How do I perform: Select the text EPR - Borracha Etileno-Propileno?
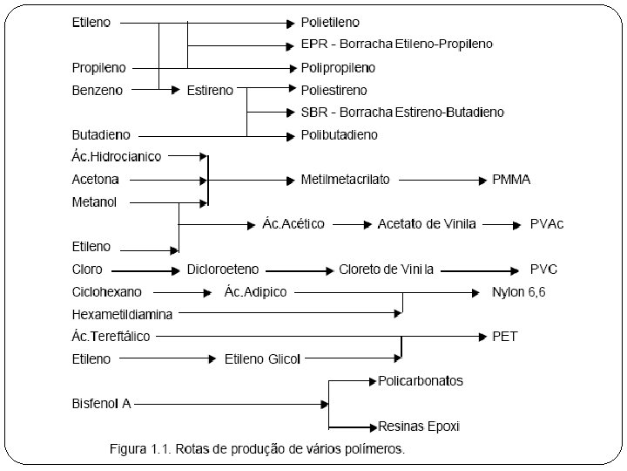[x=396, y=44]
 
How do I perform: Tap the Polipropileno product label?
[x=338, y=67]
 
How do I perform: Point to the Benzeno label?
[x=98, y=89]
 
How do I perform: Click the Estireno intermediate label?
[x=210, y=89]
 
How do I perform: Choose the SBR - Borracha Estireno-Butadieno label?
[x=402, y=112]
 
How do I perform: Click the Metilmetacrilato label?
[x=345, y=180]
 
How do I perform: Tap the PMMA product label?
[x=511, y=180]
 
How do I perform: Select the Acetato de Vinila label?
[x=427, y=224]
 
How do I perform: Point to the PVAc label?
[x=547, y=224]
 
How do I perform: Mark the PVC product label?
[x=544, y=269]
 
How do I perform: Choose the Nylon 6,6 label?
[x=519, y=291]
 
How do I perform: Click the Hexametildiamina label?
[x=122, y=313]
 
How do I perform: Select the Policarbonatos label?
[x=421, y=381]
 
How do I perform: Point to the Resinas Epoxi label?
[x=419, y=426]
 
